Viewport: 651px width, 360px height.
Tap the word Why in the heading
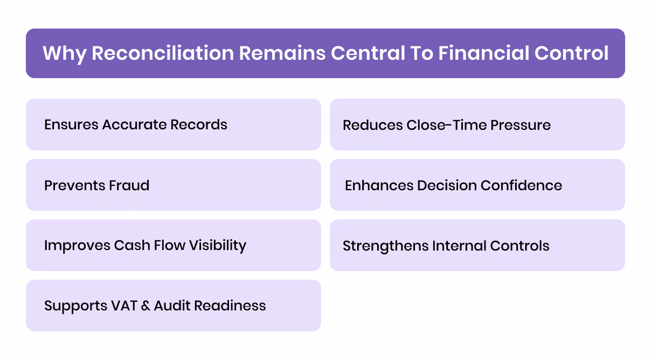point(64,53)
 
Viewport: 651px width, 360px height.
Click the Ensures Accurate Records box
point(173,124)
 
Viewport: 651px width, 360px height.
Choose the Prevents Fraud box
point(173,185)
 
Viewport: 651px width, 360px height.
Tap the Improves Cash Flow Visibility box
point(173,245)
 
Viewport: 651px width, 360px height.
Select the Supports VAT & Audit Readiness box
point(173,306)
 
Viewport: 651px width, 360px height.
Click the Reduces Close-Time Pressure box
point(477,124)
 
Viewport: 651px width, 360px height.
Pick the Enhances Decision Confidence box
point(477,185)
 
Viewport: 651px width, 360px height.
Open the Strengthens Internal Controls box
point(477,245)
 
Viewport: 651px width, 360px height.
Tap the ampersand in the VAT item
point(147,306)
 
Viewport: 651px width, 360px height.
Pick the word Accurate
point(134,124)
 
